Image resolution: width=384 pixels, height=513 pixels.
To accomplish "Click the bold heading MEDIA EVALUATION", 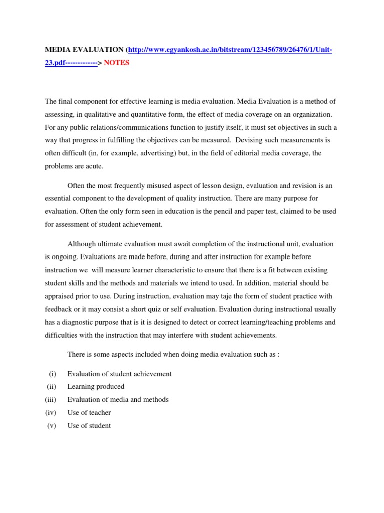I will tap(84, 50).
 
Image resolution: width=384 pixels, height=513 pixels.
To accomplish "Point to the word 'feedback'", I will tap(59, 309).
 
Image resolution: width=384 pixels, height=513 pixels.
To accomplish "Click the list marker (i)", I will tap(52, 374).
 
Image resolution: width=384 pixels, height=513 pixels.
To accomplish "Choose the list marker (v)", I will tap(52, 426).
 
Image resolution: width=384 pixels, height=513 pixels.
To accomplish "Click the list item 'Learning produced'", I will tap(96, 387).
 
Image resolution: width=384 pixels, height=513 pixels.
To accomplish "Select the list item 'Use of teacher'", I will tap(89, 413).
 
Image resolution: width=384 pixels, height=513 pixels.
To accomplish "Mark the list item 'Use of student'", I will tap(89, 426).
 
